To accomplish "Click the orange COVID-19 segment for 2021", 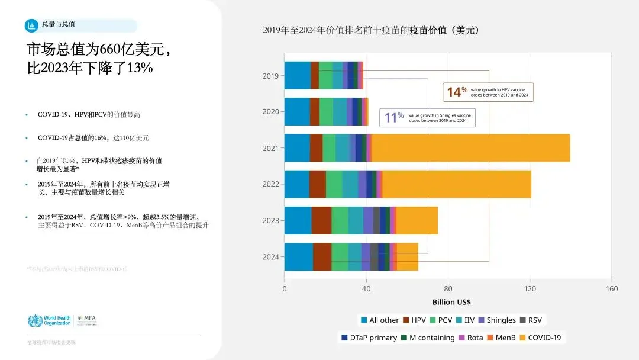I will (470, 148).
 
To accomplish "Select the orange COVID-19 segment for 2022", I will (457, 184).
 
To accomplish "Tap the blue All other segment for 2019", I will (297, 75).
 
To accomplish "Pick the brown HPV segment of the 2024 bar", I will (322, 257).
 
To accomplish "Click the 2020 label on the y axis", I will (270, 111).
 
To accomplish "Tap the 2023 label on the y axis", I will (270, 221).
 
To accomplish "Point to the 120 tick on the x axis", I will (530, 289).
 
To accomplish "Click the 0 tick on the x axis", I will (285, 289).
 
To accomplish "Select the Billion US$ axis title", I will (451, 302).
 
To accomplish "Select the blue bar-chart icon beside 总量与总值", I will (31, 25).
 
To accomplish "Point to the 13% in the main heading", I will (140, 67).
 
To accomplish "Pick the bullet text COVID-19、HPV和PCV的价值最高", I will (89, 114).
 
